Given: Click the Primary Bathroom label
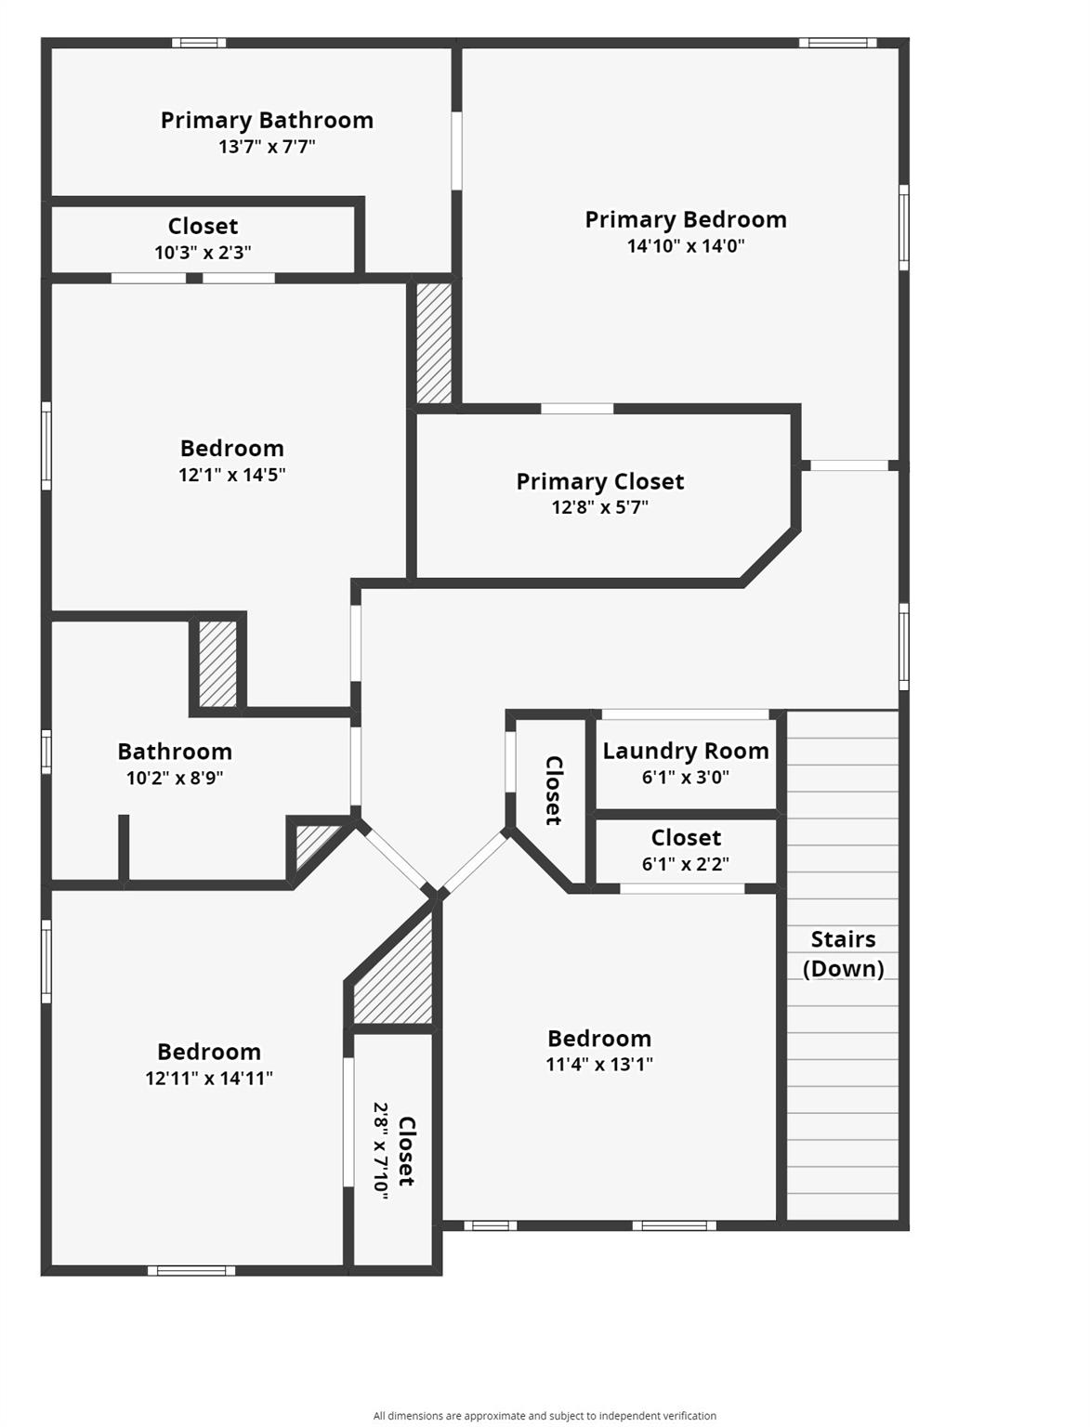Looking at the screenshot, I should point(267,121).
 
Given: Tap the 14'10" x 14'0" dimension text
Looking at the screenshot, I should point(685,246).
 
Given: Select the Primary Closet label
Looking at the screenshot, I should point(599,481).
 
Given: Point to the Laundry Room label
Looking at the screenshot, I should point(685,751).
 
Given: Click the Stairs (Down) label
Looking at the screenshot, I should point(843,954).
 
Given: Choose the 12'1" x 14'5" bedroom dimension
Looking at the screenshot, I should point(231,475).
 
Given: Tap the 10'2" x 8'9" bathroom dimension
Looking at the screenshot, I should point(175,779).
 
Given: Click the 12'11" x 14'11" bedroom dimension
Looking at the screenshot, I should point(208,1079).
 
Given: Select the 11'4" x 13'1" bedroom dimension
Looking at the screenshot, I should point(598,1065).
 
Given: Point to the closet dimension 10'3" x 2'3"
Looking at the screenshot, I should point(203,253).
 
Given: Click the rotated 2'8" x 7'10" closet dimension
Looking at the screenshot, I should point(381,1150).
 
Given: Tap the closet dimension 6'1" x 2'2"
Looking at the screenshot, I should point(685,864).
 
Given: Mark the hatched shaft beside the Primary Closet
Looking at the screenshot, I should point(434,343).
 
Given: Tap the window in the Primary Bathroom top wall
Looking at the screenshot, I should point(198,43).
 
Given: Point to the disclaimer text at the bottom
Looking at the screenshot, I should point(545,1416).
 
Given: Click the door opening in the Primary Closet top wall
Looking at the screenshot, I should point(577,409).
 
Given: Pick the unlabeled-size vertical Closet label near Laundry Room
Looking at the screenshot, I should point(553,791).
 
